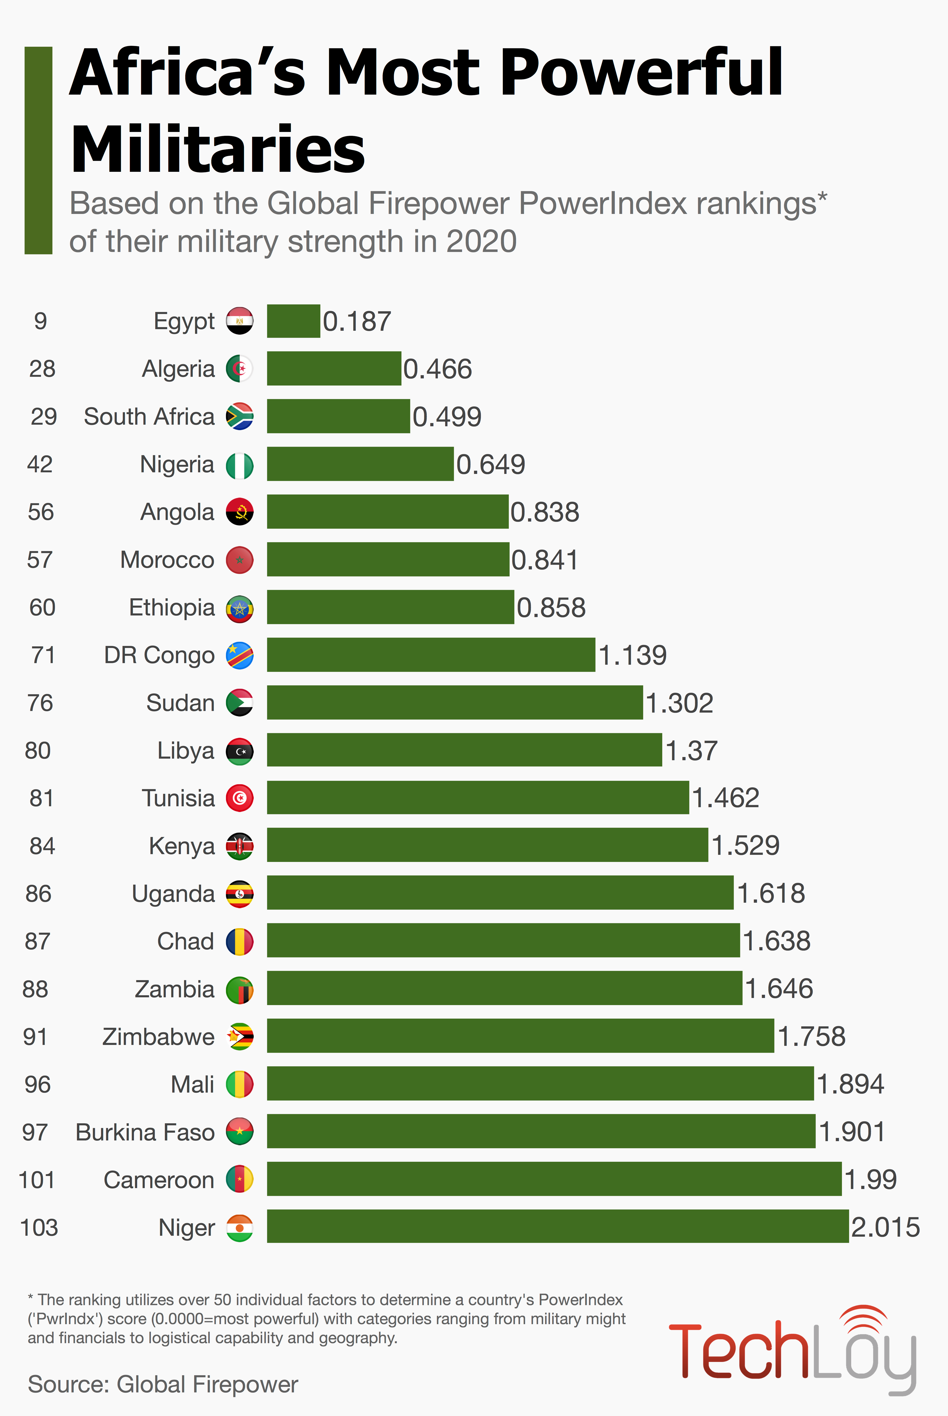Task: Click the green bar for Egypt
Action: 293,321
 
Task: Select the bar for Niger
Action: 557,1226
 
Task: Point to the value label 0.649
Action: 490,464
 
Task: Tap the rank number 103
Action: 39,1227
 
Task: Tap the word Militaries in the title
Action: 218,149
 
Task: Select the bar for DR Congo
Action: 430,655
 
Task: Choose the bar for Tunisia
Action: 478,798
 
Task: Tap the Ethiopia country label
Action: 172,608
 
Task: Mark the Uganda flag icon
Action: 240,894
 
